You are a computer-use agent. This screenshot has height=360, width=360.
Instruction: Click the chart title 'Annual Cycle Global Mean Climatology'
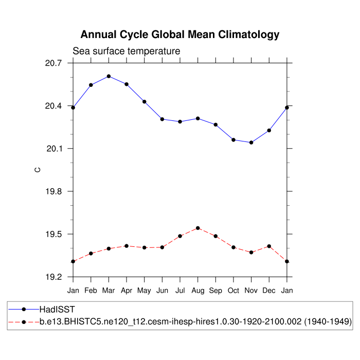pos(180,35)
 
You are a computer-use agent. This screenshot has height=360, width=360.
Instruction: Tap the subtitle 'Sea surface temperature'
pos(126,51)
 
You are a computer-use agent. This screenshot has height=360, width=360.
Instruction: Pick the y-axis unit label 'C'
pos(37,170)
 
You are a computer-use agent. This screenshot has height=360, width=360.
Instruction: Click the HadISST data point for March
pos(109,76)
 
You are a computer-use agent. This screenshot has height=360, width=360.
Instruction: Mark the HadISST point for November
pos(251,142)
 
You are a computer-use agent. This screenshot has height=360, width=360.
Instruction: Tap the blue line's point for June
pos(162,119)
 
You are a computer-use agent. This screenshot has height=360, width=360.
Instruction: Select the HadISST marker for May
pos(145,102)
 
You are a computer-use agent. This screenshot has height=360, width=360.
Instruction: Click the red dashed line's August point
pos(197,228)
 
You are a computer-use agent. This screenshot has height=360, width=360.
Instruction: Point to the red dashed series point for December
pos(269,246)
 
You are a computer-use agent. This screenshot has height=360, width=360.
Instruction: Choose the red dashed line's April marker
pos(127,246)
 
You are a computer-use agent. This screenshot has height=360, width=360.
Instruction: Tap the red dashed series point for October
pos(233,247)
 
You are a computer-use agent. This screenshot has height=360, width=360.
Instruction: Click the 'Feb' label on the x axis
pos(91,291)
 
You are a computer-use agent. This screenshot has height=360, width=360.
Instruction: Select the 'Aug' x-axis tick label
pos(197,291)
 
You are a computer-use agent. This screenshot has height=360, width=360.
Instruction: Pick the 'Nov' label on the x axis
pos(251,291)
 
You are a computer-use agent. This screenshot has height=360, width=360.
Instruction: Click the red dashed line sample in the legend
pos(24,322)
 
